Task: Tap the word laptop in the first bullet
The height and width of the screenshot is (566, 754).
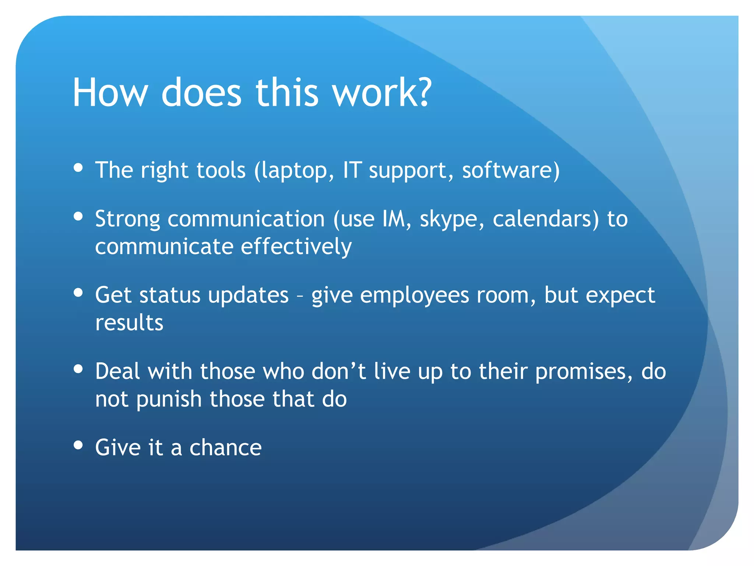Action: tap(295, 171)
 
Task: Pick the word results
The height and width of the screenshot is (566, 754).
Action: tap(129, 323)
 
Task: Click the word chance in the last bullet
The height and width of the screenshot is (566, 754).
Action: tap(225, 448)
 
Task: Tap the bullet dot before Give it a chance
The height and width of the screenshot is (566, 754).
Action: tap(78, 445)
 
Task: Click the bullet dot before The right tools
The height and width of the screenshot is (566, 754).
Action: tap(78, 168)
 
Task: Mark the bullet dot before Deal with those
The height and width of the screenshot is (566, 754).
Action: tap(78, 368)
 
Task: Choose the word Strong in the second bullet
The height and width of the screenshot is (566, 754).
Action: tap(127, 220)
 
